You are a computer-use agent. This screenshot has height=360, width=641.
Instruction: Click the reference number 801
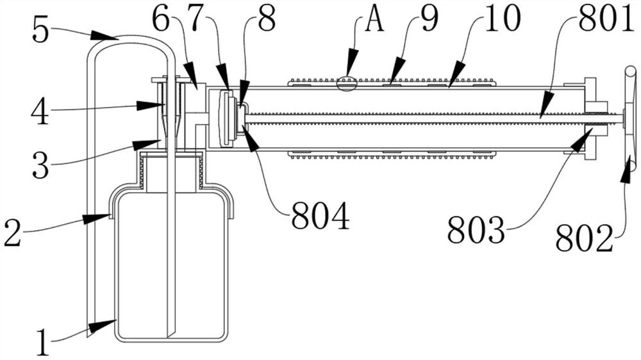(x=605, y=19)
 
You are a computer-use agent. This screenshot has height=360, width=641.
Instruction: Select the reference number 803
(x=476, y=230)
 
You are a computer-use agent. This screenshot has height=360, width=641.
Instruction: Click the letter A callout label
(x=374, y=19)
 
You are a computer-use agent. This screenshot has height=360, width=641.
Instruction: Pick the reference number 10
(x=503, y=19)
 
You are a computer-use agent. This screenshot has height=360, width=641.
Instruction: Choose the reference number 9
(x=429, y=19)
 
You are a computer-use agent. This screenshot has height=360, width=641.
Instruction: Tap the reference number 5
(x=40, y=31)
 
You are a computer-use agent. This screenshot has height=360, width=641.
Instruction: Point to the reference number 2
(x=12, y=233)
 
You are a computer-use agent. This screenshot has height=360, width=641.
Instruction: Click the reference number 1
(x=44, y=343)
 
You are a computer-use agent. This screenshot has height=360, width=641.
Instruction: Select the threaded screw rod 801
(x=434, y=118)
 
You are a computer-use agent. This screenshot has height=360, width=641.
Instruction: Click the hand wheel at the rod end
(x=630, y=118)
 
